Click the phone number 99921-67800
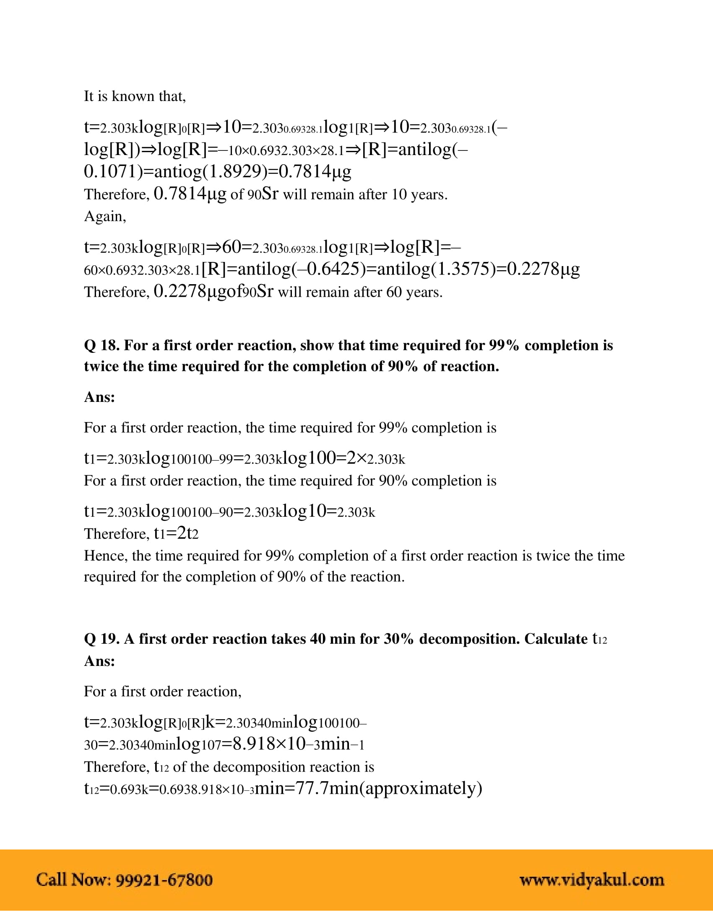tap(164, 880)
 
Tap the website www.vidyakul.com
tap(592, 880)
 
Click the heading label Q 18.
tap(102, 345)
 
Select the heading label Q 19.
tap(102, 639)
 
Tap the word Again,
tap(105, 216)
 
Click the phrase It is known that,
tap(135, 96)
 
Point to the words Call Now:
tap(73, 880)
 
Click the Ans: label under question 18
tap(99, 397)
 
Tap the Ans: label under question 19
tap(99, 660)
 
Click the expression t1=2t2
tap(176, 533)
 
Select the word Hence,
tap(106, 556)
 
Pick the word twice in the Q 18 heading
tap(101, 366)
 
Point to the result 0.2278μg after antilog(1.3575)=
tap(543, 269)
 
